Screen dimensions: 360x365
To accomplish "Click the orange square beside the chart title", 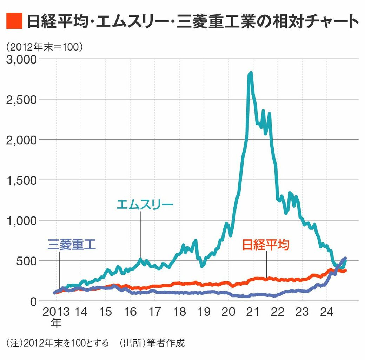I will tap(15, 21).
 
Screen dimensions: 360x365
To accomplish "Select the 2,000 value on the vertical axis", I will tap(22, 140).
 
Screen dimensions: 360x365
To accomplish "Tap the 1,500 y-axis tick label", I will tap(22, 180).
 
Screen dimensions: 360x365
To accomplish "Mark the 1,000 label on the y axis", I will tap(22, 220).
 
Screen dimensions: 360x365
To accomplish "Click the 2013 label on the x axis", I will tap(55, 312).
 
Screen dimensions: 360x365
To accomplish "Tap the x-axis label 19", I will tap(204, 312).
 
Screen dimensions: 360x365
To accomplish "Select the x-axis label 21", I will tap(253, 312).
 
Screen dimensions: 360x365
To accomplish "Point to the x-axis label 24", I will tap(326, 312).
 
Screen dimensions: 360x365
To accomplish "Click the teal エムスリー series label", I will tap(145, 204).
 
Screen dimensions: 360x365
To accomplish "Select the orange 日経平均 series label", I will tap(266, 245).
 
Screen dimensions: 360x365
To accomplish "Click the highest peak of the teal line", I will tap(250, 73).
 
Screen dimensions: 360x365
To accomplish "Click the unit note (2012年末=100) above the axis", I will tap(44, 47).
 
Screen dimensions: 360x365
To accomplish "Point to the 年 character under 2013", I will tap(55, 323).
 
